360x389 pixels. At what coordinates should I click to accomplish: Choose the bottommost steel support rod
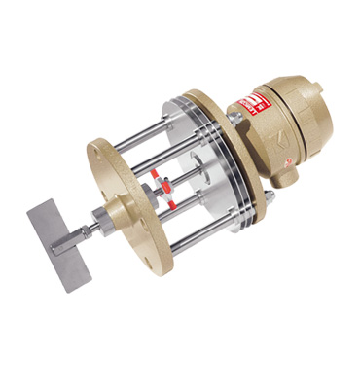pos(195,238)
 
